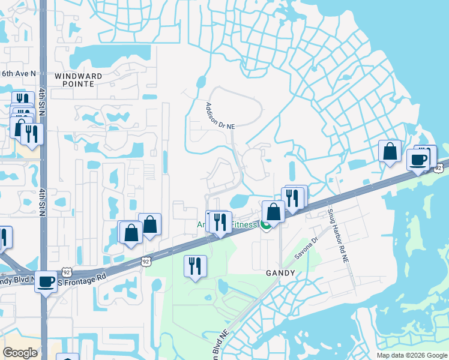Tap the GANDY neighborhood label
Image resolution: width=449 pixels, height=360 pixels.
click(x=280, y=273)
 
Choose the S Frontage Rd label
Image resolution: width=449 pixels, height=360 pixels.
click(x=83, y=278)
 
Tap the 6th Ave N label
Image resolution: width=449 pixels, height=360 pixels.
click(x=18, y=73)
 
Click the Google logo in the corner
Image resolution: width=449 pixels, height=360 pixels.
click(x=20, y=353)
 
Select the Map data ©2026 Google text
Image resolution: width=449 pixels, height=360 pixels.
click(x=412, y=355)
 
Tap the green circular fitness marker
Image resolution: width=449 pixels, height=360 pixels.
click(x=265, y=225)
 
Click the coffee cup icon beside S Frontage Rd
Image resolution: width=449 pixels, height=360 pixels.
click(x=45, y=281)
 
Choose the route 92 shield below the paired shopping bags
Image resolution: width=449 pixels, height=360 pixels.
click(x=146, y=261)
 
